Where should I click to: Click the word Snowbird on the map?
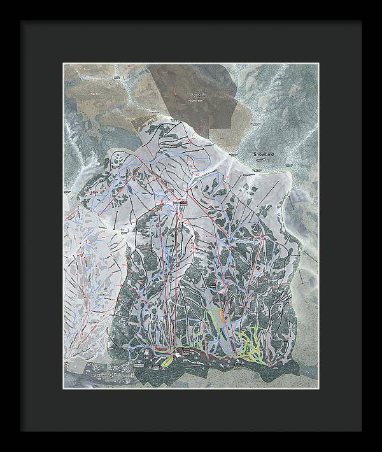pos(262,154)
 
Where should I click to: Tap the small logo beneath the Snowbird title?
pos(260,162)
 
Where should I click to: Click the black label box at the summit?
pos(180,202)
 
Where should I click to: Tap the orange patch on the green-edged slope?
pos(219,313)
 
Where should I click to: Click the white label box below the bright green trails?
pos(237,365)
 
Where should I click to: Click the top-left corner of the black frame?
pos(21,21)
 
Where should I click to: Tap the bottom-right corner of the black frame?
pos(361,431)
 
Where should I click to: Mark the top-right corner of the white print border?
pos(320,62)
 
